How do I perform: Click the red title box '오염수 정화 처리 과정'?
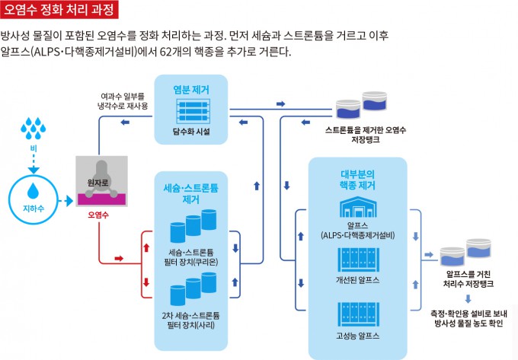click(x=60, y=11)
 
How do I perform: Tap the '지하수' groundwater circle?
click(x=33, y=193)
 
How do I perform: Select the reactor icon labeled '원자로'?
click(x=100, y=182)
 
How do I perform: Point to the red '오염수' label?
click(x=98, y=216)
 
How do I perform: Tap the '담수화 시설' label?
click(x=191, y=132)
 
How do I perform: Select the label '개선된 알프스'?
click(x=358, y=281)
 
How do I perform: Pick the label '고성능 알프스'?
click(x=358, y=336)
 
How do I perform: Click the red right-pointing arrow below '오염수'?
click(x=119, y=259)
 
